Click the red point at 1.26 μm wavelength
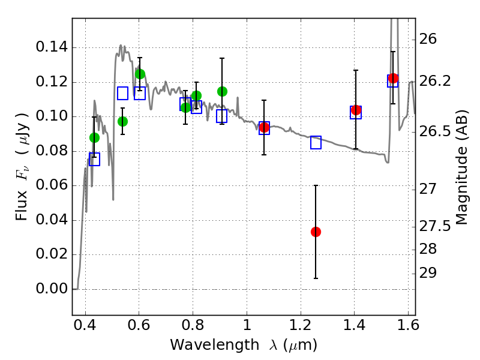click(x=316, y=232)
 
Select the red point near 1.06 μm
click(x=264, y=127)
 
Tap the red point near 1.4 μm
click(x=356, y=110)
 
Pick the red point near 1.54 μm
click(x=393, y=78)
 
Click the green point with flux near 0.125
click(x=140, y=74)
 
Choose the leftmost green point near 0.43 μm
click(x=94, y=137)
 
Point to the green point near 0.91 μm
click(x=222, y=91)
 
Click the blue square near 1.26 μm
click(x=316, y=142)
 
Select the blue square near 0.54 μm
click(x=122, y=93)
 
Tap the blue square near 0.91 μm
click(x=222, y=116)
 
